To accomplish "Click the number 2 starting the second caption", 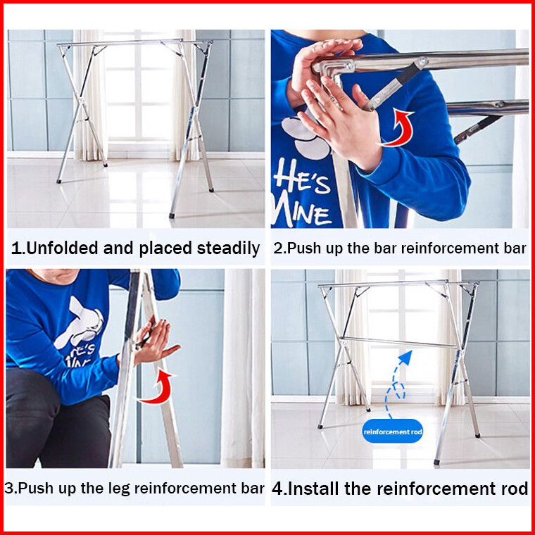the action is (278, 248).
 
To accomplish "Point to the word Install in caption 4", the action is (314, 489).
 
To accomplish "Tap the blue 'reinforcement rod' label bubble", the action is (392, 432).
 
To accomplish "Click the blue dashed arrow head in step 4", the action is (406, 357).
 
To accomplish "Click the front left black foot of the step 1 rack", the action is (58, 182).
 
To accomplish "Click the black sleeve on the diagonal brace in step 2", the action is (408, 75).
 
